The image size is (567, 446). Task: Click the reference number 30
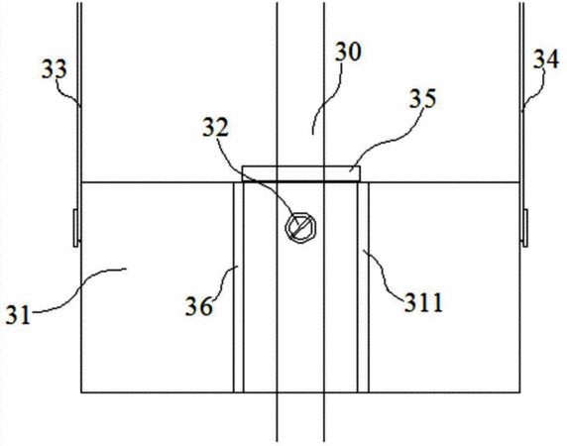coord(348,53)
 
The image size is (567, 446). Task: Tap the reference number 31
coord(18,315)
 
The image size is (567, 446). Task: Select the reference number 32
coord(215,127)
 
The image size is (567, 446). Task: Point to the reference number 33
coord(55,69)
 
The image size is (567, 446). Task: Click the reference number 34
coord(546,59)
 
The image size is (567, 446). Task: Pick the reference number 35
coord(422,98)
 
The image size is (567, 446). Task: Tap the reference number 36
coord(199,306)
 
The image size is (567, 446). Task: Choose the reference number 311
coord(423,302)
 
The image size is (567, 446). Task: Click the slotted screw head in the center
coord(300,228)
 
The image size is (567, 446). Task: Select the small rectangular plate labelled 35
coord(301,173)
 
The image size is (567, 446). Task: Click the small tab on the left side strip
coord(75,228)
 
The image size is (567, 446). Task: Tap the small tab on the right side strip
coord(525,228)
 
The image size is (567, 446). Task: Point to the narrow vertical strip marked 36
coord(238,287)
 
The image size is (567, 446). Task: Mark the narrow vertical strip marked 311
coord(363,287)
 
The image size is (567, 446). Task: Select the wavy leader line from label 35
coord(391,140)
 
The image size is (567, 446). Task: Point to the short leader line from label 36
coord(225,282)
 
